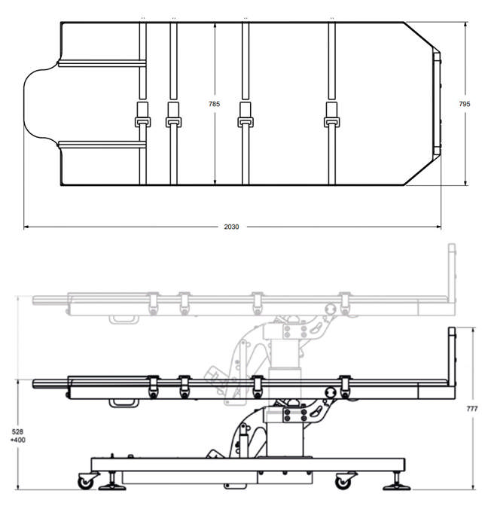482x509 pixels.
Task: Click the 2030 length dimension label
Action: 231,227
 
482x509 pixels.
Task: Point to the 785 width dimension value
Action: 214,104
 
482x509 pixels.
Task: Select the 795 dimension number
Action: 465,104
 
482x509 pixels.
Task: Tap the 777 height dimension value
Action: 472,409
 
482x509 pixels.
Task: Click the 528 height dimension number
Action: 17,431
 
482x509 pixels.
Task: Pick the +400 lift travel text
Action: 17,440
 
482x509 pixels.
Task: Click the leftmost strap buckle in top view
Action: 142,122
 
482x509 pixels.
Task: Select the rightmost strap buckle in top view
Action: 331,122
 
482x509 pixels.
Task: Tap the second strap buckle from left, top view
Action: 173,122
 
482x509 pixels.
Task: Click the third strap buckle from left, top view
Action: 246,122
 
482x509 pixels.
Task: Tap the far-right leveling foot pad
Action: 397,487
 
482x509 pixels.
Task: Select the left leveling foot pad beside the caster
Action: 112,487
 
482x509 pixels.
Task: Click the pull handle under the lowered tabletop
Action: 124,404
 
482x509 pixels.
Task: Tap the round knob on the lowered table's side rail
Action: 331,393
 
